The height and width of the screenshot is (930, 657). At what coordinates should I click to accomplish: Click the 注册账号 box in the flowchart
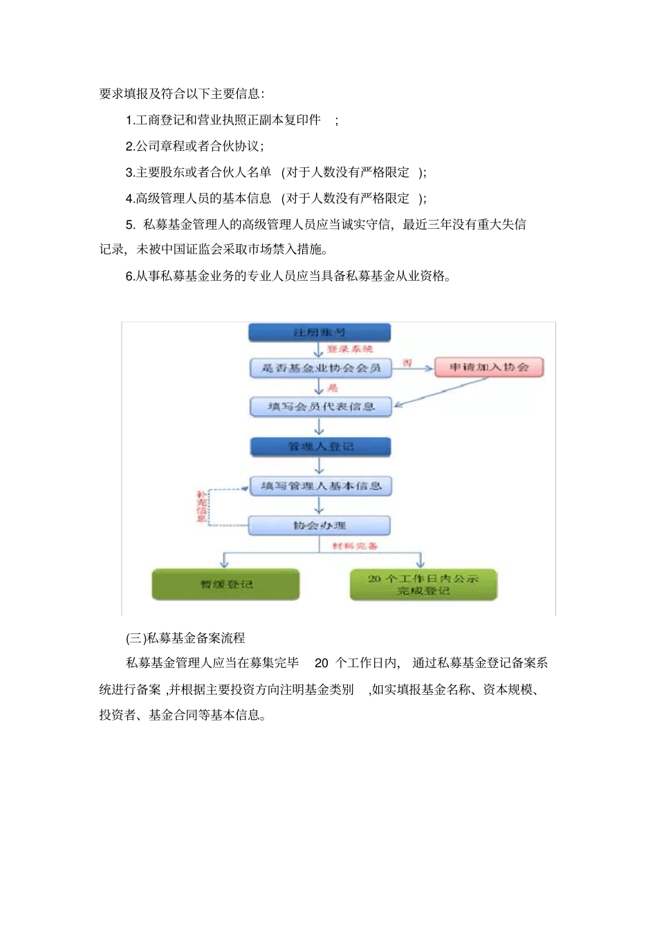pyautogui.click(x=320, y=333)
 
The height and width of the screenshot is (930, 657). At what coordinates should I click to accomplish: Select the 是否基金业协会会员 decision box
pyautogui.click(x=321, y=368)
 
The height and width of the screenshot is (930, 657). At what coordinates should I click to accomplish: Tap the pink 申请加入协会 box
pyautogui.click(x=489, y=367)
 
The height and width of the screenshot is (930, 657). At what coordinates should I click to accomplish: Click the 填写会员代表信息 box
pyautogui.click(x=321, y=407)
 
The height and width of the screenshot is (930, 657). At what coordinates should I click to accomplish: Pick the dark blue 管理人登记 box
pyautogui.click(x=320, y=447)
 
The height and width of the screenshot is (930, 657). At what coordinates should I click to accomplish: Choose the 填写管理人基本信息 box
pyautogui.click(x=321, y=486)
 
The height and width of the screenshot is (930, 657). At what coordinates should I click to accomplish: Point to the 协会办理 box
pyautogui.click(x=320, y=526)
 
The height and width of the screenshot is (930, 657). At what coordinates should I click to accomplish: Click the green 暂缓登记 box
pyautogui.click(x=226, y=584)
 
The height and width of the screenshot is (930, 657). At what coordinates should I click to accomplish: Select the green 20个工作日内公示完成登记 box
pyautogui.click(x=423, y=584)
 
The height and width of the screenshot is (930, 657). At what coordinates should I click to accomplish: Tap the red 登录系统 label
pyautogui.click(x=350, y=349)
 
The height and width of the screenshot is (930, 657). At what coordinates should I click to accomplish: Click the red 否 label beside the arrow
pyautogui.click(x=407, y=362)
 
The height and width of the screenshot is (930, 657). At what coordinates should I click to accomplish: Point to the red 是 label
pyautogui.click(x=333, y=388)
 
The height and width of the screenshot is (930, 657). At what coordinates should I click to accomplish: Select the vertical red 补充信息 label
pyautogui.click(x=201, y=506)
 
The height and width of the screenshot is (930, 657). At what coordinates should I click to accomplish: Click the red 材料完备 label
pyautogui.click(x=355, y=546)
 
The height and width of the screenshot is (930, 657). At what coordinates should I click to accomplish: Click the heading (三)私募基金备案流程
pyautogui.click(x=185, y=638)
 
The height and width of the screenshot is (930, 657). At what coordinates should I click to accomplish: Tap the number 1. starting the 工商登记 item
pyautogui.click(x=130, y=120)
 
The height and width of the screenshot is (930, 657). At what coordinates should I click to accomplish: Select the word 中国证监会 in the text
pyautogui.click(x=191, y=249)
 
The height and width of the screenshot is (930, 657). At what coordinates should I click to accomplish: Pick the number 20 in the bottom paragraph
pyautogui.click(x=322, y=663)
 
